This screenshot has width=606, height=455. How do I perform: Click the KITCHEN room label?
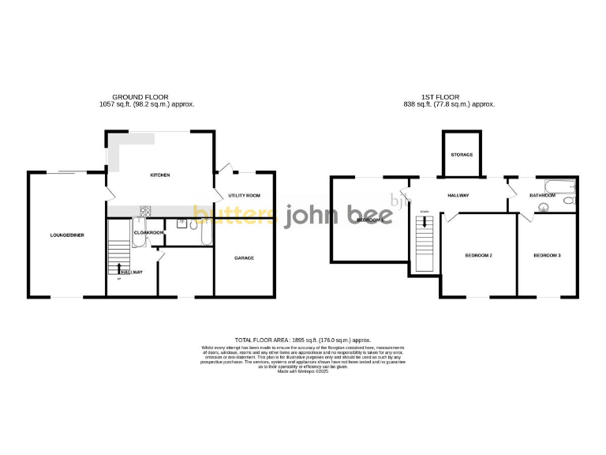pyautogui.click(x=160, y=175)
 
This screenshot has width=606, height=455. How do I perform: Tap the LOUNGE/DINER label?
pyautogui.click(x=67, y=235)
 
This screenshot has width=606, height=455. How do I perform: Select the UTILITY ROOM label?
pyautogui.click(x=244, y=194)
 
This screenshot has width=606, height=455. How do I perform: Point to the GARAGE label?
pyautogui.click(x=244, y=258)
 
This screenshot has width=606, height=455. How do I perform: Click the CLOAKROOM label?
pyautogui.click(x=148, y=232)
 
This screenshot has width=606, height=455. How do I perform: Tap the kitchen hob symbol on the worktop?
pyautogui.click(x=145, y=211)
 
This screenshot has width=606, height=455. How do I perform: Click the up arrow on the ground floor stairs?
pyautogui.click(x=119, y=268)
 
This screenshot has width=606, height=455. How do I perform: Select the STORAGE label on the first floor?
pyautogui.click(x=462, y=154)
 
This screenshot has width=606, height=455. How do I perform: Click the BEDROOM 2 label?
pyautogui.click(x=478, y=255)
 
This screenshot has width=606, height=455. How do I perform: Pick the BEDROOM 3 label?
pyautogui.click(x=547, y=255)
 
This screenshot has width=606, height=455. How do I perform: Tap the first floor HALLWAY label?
pyautogui.click(x=458, y=195)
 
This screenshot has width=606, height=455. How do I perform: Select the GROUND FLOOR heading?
pyautogui.click(x=146, y=97)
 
